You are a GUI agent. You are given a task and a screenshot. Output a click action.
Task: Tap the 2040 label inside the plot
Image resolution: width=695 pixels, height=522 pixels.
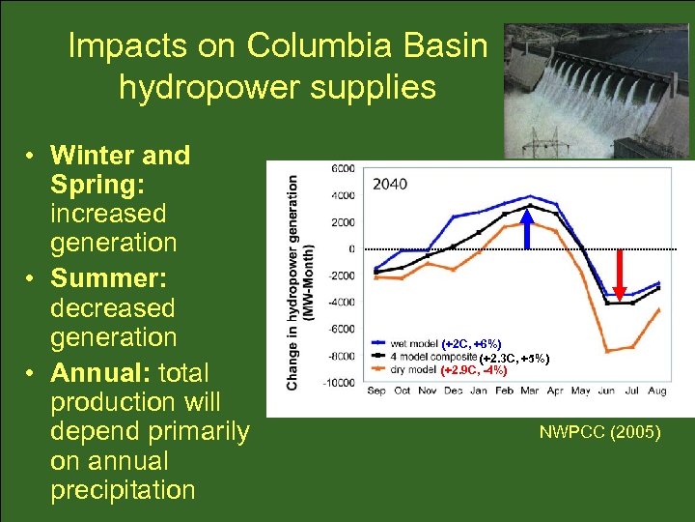(389, 184)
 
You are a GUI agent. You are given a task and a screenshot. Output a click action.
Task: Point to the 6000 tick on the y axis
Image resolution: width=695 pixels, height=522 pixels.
(343, 168)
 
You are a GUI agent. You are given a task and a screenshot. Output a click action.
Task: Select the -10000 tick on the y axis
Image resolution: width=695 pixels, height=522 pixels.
(339, 383)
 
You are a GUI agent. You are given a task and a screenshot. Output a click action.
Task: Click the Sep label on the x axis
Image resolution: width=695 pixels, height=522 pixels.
(376, 391)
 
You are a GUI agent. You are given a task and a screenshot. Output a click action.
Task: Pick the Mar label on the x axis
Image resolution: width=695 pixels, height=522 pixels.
(528, 391)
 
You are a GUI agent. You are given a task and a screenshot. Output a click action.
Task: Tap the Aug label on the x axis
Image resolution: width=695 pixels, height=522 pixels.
(656, 391)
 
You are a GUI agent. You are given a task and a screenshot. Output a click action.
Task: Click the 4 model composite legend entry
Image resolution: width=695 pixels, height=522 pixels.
(430, 357)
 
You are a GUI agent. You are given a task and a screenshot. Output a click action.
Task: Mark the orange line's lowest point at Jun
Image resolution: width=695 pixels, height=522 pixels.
(605, 350)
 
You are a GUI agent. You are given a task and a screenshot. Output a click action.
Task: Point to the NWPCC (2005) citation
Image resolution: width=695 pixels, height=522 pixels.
(599, 433)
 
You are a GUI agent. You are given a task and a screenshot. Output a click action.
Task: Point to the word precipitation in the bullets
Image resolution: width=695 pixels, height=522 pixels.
(123, 489)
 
